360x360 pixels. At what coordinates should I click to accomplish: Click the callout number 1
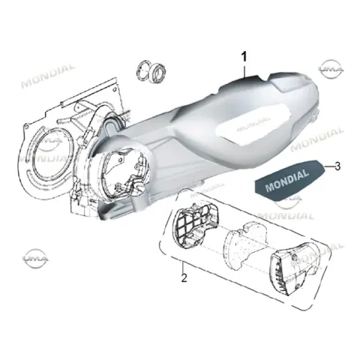point(244,56)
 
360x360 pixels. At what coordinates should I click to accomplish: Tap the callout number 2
point(184,278)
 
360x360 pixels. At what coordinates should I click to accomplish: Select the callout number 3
point(337,166)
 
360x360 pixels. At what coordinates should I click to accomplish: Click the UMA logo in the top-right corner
point(331,69)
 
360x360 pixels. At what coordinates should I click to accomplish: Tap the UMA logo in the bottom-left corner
point(35,258)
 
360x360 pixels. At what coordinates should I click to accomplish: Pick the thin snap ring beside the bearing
point(143,70)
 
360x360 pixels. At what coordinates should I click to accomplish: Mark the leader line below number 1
point(244,70)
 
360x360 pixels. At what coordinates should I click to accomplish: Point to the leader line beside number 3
point(328,166)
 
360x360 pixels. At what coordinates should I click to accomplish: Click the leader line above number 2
point(183,267)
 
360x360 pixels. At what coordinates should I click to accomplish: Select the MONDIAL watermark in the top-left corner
point(47,76)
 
